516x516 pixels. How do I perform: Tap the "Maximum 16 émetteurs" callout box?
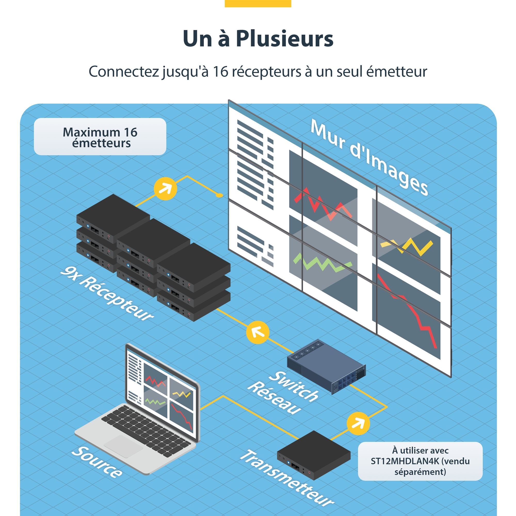[100, 136]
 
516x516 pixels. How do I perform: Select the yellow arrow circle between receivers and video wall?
[165, 189]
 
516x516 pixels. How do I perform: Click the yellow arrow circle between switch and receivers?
[257, 332]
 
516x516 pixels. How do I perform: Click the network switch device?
[326, 366]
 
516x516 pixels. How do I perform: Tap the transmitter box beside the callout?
[313, 454]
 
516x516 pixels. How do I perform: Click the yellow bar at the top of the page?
[258, 3]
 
